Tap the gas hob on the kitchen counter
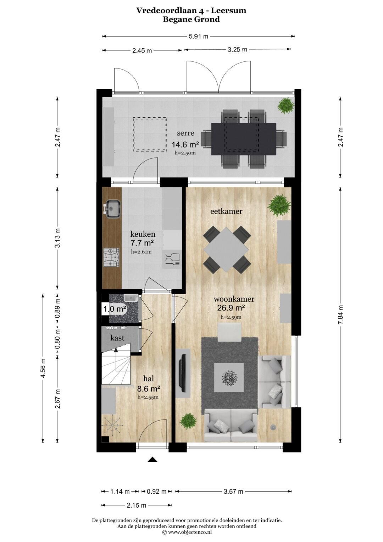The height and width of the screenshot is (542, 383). click(x=111, y=257)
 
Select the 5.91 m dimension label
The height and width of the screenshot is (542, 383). click(x=198, y=37)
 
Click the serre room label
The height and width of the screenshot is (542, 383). click(x=185, y=133)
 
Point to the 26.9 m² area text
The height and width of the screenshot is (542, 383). click(x=231, y=308)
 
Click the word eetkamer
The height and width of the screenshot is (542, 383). click(x=226, y=212)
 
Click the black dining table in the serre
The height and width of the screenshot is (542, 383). click(x=244, y=139)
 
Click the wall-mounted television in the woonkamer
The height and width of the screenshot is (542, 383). click(x=183, y=373)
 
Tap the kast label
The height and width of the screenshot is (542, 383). click(x=117, y=338)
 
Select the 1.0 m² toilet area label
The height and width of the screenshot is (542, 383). click(x=115, y=309)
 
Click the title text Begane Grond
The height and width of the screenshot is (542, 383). click(x=191, y=19)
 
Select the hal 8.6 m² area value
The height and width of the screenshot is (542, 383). click(x=149, y=389)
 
